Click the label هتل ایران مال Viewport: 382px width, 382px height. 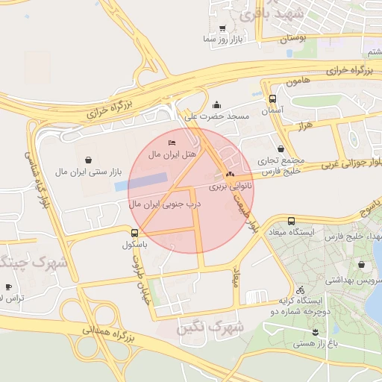pos(172,154)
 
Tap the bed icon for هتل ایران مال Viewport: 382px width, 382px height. pos(172,143)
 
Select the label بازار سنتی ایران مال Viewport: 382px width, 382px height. pos(89,172)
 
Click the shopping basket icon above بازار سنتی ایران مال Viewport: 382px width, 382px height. pos(89,160)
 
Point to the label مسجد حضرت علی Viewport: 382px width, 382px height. pos(216,117)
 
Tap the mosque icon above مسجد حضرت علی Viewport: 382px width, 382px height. pos(216,104)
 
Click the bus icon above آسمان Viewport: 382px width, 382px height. pos(272,98)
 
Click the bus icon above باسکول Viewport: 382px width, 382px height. pos(134,233)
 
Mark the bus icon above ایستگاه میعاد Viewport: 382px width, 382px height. pos(291,221)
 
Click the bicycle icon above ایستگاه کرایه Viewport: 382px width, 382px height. pos(300,289)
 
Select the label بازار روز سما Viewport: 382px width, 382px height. pos(222,40)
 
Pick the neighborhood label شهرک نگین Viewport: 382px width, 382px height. pos(213,327)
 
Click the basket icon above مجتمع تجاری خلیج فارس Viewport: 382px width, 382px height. pos(281,149)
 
